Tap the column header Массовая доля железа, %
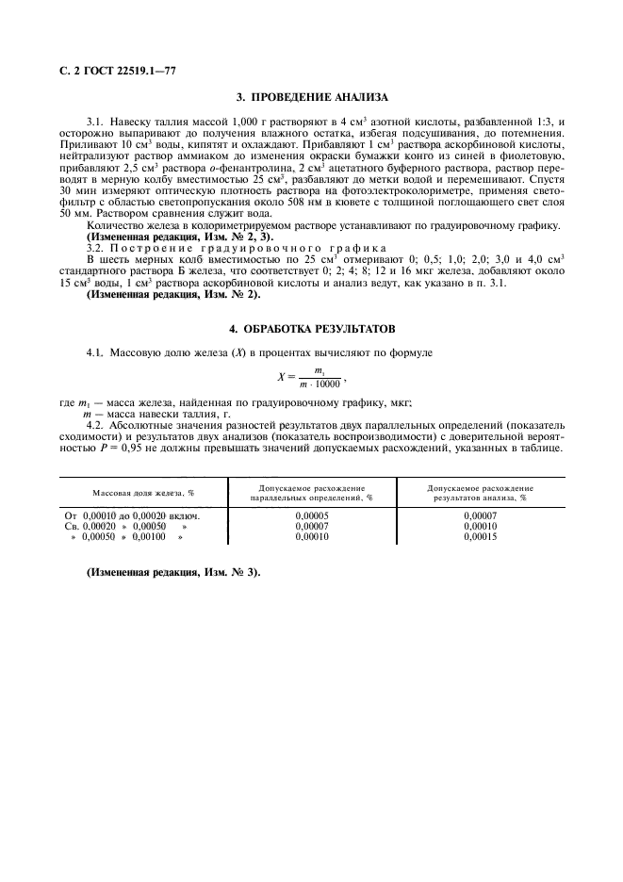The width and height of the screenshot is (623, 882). [x=143, y=493]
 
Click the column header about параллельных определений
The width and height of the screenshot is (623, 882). [x=311, y=493]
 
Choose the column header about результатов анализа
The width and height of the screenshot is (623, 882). [x=479, y=493]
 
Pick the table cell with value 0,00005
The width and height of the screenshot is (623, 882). [x=310, y=515]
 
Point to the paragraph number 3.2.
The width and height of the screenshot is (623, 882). [x=96, y=247]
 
